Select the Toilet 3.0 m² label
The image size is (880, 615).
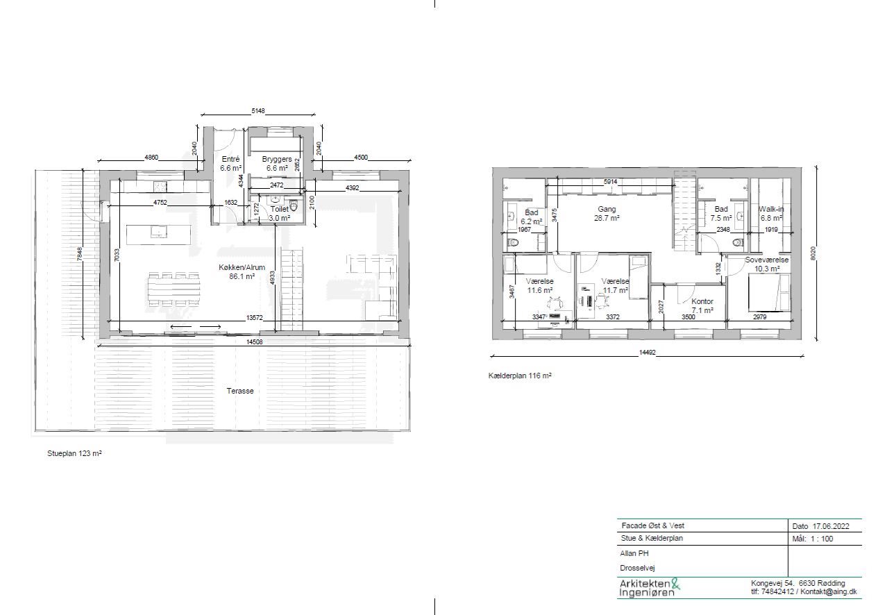(279, 213)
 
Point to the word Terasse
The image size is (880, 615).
(240, 391)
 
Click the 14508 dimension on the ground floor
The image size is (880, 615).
(254, 342)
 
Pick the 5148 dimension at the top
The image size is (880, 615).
(258, 111)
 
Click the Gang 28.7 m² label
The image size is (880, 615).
(607, 213)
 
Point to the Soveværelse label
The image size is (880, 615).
(767, 260)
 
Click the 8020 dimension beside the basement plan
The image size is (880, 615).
(813, 253)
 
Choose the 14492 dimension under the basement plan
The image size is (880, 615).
(647, 353)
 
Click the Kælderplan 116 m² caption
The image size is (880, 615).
(520, 376)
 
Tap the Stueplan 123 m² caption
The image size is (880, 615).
(74, 453)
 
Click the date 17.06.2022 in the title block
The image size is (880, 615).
(831, 526)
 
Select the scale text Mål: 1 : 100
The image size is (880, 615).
(813, 539)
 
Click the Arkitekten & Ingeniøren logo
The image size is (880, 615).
(650, 588)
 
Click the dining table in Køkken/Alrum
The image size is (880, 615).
(174, 289)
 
